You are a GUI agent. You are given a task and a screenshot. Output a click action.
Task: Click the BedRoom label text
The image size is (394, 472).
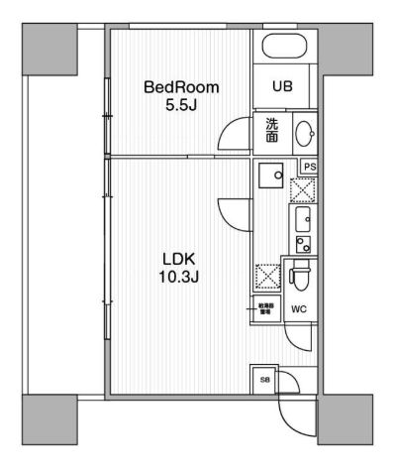click(181, 87)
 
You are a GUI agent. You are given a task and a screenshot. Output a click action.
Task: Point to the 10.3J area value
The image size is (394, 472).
click(180, 280)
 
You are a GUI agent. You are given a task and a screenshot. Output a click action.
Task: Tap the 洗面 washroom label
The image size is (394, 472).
click(270, 130)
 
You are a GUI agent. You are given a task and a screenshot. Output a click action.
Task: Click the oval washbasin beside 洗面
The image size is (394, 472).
click(302, 131)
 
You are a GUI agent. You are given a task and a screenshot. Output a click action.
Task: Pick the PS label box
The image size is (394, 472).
click(308, 168)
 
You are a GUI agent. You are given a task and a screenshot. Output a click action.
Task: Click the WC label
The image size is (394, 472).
click(299, 309)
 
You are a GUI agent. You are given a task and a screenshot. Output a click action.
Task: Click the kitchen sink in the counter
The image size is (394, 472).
click(302, 218)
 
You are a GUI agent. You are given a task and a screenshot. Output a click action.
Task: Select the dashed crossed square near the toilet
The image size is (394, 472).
click(267, 276)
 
